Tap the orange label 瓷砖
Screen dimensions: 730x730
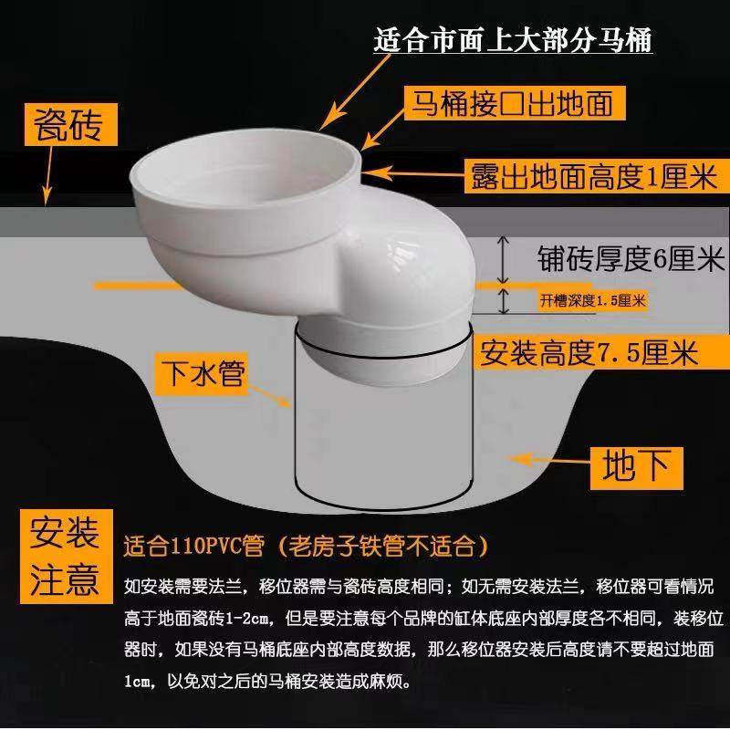coord(76,124)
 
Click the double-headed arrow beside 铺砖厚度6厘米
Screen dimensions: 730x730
coord(501,259)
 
